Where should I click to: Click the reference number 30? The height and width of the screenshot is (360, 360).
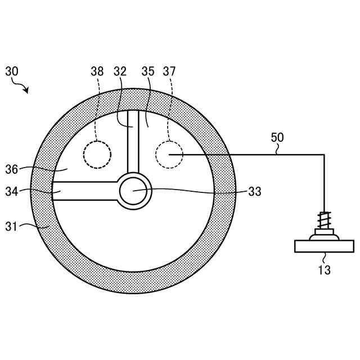point(12,72)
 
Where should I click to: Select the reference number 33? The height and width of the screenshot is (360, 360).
point(255,191)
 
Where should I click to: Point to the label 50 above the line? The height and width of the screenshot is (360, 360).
point(277,137)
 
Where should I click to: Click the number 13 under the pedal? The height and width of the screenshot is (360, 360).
point(324,270)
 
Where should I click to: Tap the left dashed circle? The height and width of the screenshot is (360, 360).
point(97,154)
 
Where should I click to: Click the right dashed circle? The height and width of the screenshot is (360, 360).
point(169,154)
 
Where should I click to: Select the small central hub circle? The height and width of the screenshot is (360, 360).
point(135,191)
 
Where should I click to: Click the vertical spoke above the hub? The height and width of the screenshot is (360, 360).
point(133,143)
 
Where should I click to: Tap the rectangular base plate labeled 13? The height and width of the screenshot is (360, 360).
point(325,246)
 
